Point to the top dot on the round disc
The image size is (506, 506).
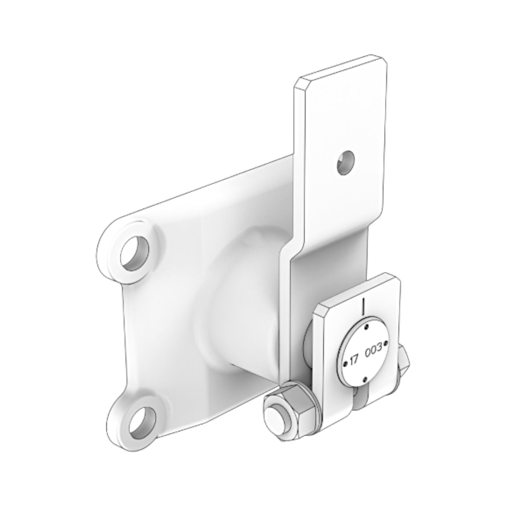coord(366,327)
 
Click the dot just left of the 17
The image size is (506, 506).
coord(346,362)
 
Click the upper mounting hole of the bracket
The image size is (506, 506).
coord(134,253)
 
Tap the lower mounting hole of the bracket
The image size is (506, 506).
coord(142,421)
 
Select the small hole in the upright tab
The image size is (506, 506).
coord(346,162)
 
